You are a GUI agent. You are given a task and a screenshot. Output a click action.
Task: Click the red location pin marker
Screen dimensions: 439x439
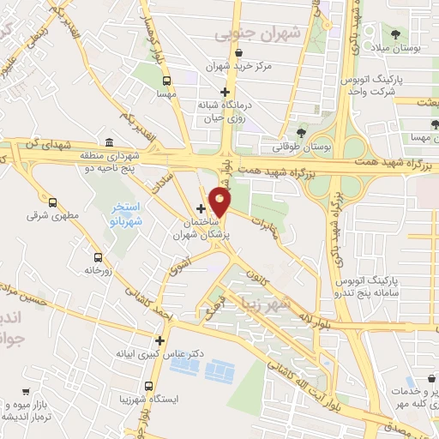pos(220,202)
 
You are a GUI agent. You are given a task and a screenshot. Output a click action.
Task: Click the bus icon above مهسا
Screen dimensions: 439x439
pos(165,81)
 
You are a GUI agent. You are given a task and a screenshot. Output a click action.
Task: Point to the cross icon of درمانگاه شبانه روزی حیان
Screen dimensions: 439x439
pos(226,92)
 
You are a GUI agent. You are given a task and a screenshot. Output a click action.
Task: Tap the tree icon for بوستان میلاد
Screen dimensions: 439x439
pos(394,35)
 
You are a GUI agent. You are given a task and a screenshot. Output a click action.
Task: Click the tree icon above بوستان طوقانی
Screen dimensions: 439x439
pos(301,133)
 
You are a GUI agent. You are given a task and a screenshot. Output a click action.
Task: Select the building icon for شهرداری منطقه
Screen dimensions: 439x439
pos(109,142)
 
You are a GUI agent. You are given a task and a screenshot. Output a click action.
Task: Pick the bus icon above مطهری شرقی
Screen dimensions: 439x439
pos(53,203)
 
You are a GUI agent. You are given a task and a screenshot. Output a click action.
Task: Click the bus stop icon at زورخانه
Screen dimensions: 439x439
pos(99,256)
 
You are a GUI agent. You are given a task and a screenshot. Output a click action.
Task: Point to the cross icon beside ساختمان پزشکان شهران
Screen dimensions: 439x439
pos(201,208)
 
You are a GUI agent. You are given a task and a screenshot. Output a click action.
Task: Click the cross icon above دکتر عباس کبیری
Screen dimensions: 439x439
pos(159,340)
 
